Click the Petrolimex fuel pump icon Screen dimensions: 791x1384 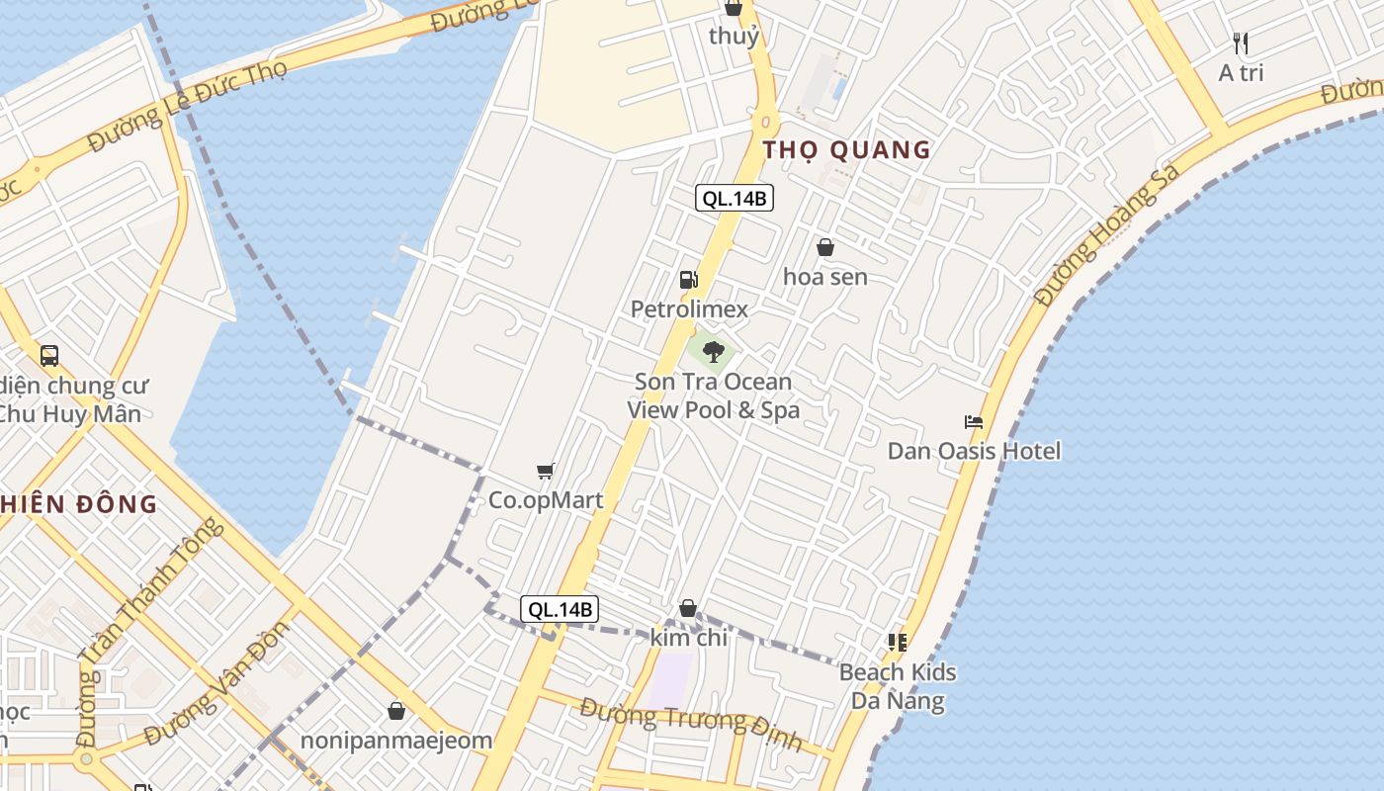[x=688, y=280]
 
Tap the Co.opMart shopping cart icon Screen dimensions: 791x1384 [x=545, y=471]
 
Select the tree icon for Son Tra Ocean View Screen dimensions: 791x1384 [x=713, y=351]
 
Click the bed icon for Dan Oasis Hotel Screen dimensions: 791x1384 [x=974, y=422]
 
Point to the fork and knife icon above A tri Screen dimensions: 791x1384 [x=1241, y=44]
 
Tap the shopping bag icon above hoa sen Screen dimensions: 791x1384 [x=825, y=247]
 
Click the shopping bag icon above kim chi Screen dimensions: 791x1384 [x=688, y=608]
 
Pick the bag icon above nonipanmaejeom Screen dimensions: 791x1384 [x=396, y=711]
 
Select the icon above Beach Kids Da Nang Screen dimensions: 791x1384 [x=898, y=643]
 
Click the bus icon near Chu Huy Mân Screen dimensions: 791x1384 [x=49, y=356]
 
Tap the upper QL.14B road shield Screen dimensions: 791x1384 [x=734, y=198]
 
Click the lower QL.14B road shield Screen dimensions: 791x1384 [x=561, y=609]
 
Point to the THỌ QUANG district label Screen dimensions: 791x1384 [x=846, y=150]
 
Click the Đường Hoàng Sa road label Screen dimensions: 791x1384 [x=1106, y=234]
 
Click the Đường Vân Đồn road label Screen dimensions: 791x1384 [x=217, y=683]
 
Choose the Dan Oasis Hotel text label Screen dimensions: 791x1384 [x=974, y=452]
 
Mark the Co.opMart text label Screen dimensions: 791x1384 [x=546, y=500]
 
